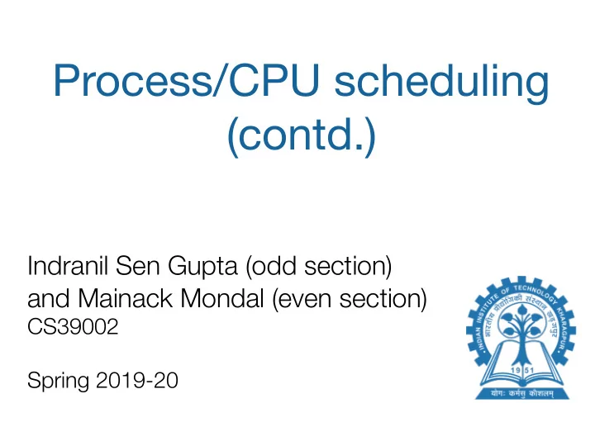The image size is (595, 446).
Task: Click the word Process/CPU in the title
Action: pyautogui.click(x=186, y=80)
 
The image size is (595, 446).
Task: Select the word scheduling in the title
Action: pyautogui.click(x=441, y=83)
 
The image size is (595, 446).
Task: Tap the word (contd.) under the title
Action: pyautogui.click(x=302, y=135)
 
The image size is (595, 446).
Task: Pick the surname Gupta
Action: pyautogui.click(x=202, y=267)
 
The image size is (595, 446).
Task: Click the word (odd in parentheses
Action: pyautogui.click(x=271, y=266)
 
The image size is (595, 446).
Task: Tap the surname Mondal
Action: pyautogui.click(x=222, y=298)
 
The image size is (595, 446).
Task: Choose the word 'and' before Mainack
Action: pyautogui.click(x=49, y=298)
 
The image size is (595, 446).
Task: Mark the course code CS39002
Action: pyautogui.click(x=73, y=326)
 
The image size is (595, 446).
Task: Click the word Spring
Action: pyautogui.click(x=59, y=381)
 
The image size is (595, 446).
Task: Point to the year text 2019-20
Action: pyautogui.click(x=137, y=380)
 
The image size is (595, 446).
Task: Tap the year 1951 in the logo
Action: pyautogui.click(x=522, y=370)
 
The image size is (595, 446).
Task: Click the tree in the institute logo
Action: pyautogui.click(x=521, y=334)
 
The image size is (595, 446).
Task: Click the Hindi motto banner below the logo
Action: pyautogui.click(x=522, y=394)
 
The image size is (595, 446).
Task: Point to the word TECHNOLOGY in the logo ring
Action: pyautogui.click(x=535, y=293)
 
